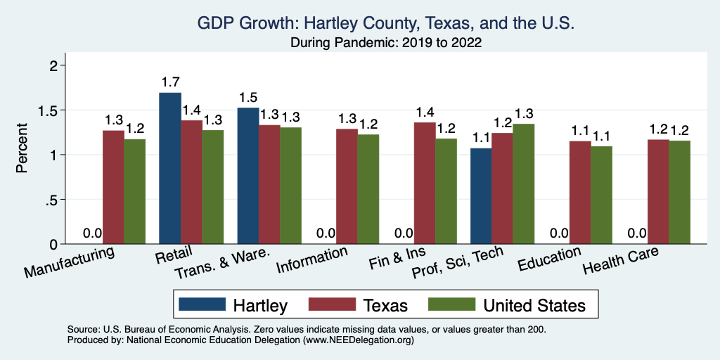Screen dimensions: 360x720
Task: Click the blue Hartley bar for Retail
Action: tap(170, 169)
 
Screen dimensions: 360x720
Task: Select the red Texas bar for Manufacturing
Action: tap(113, 187)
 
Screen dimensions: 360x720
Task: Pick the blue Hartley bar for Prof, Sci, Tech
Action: tap(480, 196)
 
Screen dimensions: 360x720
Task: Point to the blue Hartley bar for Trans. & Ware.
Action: tap(248, 176)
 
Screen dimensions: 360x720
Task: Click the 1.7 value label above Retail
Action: tap(170, 82)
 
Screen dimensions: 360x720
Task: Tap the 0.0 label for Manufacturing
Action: tap(92, 233)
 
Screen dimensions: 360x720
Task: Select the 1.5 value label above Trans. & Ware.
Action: tap(248, 98)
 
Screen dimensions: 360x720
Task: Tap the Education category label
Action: tap(549, 259)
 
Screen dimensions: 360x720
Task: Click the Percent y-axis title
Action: tap(22, 148)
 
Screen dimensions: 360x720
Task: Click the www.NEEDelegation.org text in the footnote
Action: tap(358, 340)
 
